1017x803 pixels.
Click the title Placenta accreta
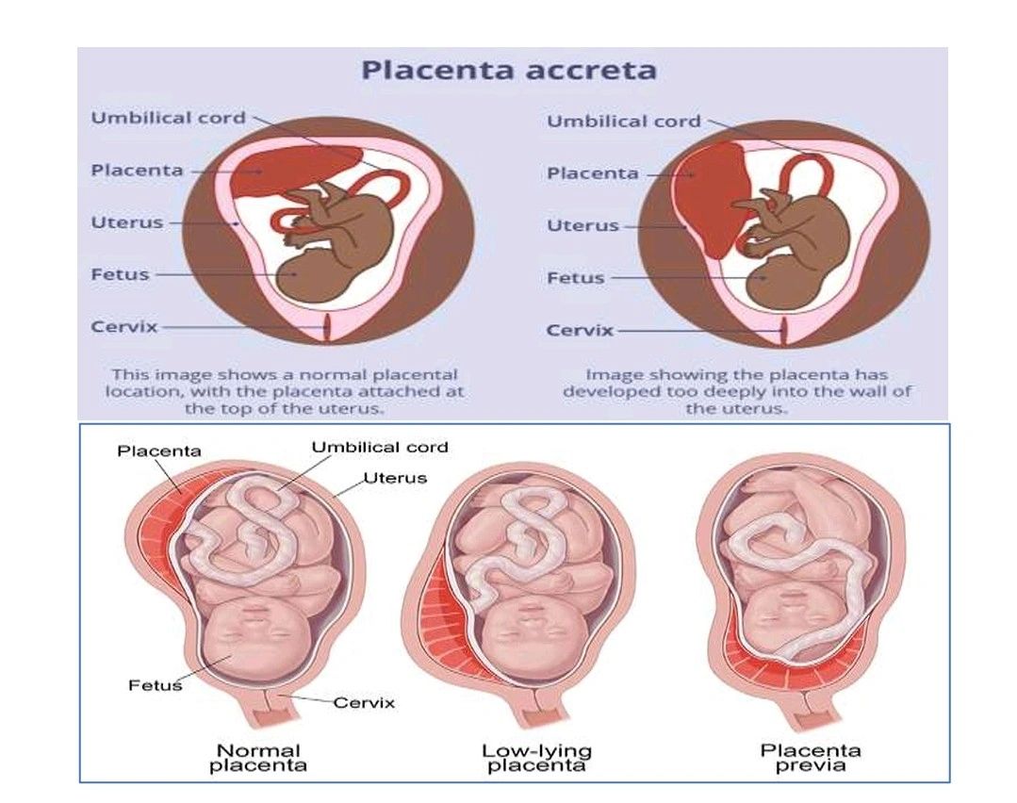[x=510, y=71]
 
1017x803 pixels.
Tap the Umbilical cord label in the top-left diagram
[x=168, y=118]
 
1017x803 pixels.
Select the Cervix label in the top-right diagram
[x=580, y=330]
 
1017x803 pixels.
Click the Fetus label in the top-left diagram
[x=120, y=274]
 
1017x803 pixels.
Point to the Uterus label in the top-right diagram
[x=582, y=225]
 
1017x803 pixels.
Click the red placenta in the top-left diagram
[x=283, y=171]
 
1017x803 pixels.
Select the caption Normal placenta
[x=258, y=758]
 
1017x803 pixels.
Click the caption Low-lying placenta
[x=536, y=758]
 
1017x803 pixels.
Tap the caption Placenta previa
[x=811, y=758]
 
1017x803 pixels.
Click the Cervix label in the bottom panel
[x=364, y=702]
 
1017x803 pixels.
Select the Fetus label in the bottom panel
[x=155, y=685]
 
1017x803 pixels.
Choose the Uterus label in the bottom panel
[x=396, y=478]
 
